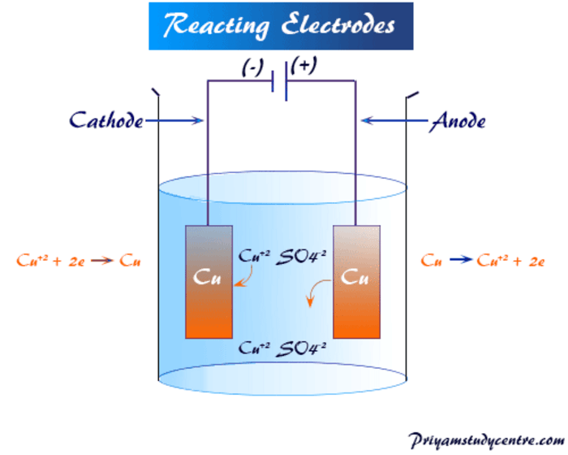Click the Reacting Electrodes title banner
tap(281, 26)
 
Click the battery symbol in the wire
tap(281, 84)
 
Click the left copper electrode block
tap(209, 281)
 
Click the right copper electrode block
tap(357, 281)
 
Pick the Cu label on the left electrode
tap(209, 276)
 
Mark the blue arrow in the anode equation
tap(460, 261)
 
